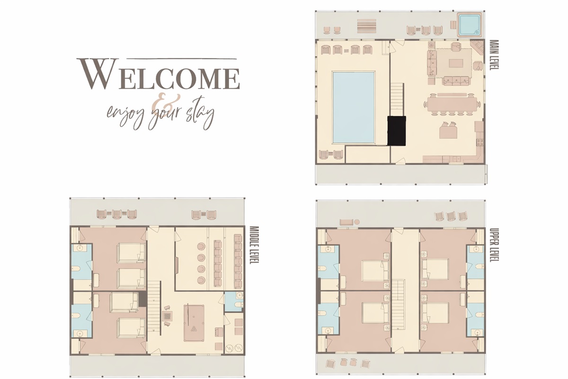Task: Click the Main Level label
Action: [x=493, y=55]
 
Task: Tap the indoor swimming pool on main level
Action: [x=354, y=107]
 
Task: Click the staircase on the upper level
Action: [x=400, y=303]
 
